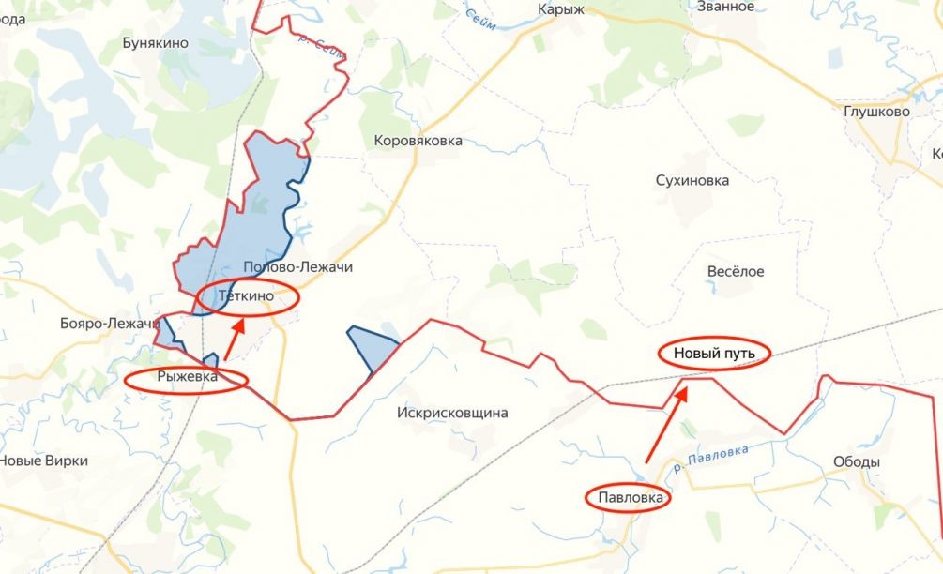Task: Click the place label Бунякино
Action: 156,43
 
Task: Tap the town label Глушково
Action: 876,112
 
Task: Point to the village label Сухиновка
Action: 692,181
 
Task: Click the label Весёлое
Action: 735,272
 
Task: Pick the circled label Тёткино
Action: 246,296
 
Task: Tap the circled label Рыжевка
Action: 187,378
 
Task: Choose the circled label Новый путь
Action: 713,354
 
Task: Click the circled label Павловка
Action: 630,498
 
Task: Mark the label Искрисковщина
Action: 452,413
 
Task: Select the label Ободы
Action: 856,462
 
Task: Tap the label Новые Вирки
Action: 43,461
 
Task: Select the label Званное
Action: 725,7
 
